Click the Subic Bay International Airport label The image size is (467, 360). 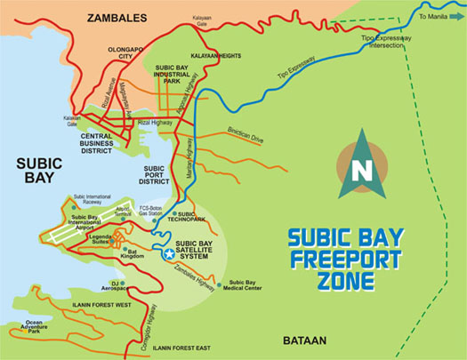click(x=85, y=224)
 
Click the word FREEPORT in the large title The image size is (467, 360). click(x=346, y=261)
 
